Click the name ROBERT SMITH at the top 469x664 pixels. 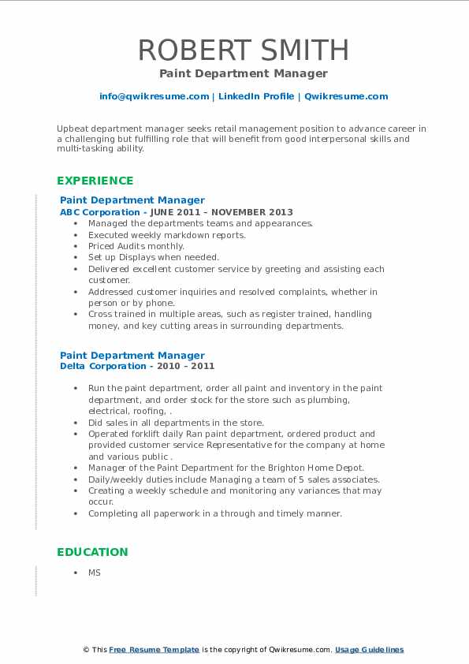[x=244, y=50]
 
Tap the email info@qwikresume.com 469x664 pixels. [x=154, y=96]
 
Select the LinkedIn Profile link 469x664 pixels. [x=256, y=96]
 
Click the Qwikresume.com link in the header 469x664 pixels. [x=346, y=96]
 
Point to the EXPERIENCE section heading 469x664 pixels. [x=95, y=181]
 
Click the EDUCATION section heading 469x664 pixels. [x=92, y=552]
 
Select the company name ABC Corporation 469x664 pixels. [x=101, y=212]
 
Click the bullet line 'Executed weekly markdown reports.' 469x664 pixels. [x=167, y=235]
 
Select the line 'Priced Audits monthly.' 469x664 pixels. [x=136, y=246]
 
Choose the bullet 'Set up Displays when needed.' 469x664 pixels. [x=154, y=257]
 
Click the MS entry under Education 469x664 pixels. [x=95, y=573]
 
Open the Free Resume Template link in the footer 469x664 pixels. [x=154, y=650]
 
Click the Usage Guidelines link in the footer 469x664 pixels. [x=369, y=650]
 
